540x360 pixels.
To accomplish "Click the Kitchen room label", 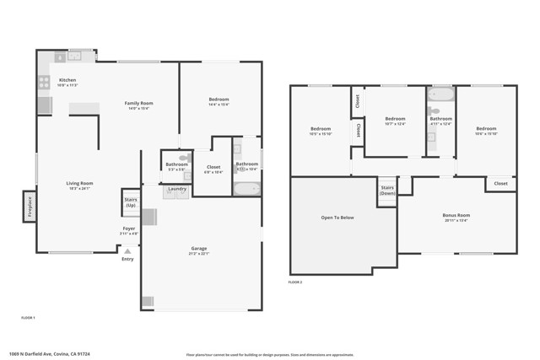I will coord(67,82).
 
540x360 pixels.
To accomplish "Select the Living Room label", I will coord(80,185).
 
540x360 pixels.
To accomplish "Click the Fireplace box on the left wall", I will coord(29,207).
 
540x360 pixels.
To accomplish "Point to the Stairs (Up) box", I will coord(131,202).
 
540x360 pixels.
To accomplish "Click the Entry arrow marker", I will coord(127,250).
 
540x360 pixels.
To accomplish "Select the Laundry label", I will coord(177,188).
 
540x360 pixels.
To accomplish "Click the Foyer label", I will coord(128,229).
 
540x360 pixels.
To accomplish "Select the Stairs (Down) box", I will coord(387,190).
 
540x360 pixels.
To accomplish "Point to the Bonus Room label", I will coord(456,217).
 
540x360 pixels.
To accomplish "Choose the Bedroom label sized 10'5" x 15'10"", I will coord(320,130).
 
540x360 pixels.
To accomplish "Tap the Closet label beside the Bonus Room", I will coord(500,183).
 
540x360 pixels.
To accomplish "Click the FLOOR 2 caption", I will coord(295,282).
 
